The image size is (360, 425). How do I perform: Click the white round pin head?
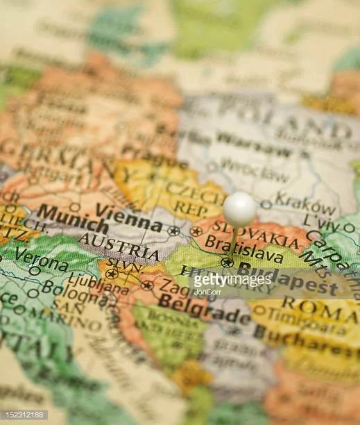pyautogui.click(x=240, y=208)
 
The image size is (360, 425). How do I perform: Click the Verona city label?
pyautogui.click(x=41, y=259)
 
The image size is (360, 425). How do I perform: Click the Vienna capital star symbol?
pyautogui.click(x=173, y=230)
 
